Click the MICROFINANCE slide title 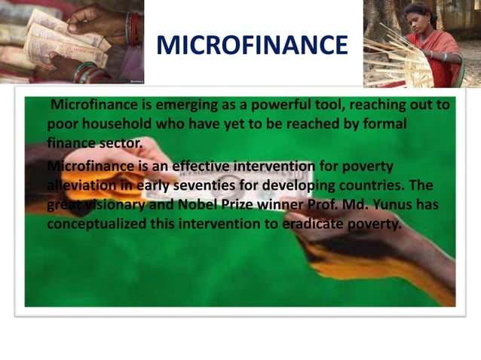(x=253, y=46)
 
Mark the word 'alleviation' (x=81, y=185)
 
